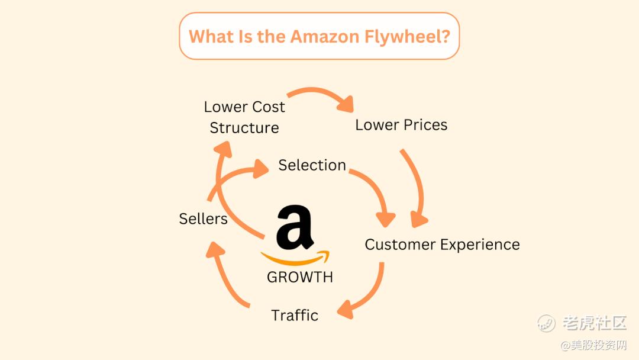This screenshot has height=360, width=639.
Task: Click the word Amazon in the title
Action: pos(325,36)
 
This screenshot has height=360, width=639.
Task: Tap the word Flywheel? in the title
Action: pos(407,37)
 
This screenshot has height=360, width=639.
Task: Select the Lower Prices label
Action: pos(401,125)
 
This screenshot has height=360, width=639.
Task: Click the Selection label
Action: pos(312,165)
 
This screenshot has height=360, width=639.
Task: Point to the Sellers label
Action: pos(204,218)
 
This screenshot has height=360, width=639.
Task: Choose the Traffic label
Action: pos(295,315)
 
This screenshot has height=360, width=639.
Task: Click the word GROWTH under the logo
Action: pos(300,277)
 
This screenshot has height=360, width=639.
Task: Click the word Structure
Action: pos(244,128)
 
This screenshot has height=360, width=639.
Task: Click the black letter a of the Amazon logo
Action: pos(295,227)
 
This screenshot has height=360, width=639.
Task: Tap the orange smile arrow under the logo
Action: pos(295,259)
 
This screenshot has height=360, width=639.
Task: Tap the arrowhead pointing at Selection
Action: pos(260,168)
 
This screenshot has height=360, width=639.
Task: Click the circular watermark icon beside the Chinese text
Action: pos(546,323)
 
